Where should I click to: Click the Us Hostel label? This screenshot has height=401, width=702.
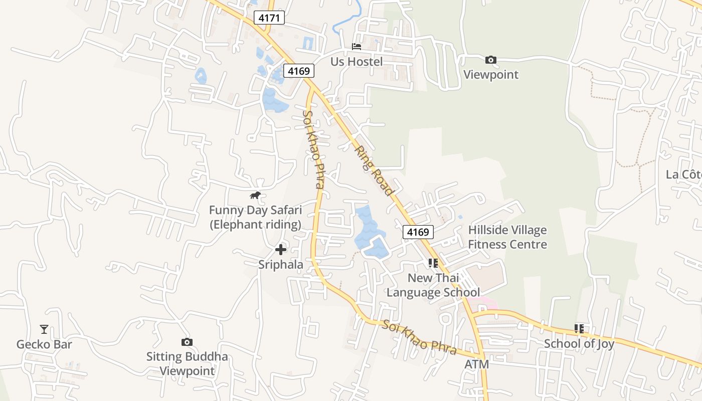(x=357, y=62)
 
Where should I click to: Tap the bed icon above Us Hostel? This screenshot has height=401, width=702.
(x=357, y=47)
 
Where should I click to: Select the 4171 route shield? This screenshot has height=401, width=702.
(x=269, y=18)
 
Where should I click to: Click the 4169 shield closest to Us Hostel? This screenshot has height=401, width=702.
(x=298, y=71)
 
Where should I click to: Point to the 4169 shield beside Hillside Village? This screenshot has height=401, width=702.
(x=418, y=232)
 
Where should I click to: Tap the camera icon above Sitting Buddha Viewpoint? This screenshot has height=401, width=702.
(x=187, y=342)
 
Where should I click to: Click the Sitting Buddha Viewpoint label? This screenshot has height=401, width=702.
(x=187, y=364)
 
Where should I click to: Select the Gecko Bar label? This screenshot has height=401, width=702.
(x=44, y=344)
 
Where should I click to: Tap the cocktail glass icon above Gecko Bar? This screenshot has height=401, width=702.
(x=44, y=329)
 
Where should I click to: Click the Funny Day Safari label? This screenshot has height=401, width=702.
(x=255, y=217)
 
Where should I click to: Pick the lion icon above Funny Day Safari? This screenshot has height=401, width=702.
(x=255, y=195)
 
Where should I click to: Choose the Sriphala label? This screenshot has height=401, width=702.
(x=281, y=264)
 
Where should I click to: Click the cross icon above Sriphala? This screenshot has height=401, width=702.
(x=281, y=249)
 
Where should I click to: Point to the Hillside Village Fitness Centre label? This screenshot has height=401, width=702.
(x=507, y=237)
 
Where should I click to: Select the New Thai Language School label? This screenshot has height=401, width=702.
(x=433, y=285)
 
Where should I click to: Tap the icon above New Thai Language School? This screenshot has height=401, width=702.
(x=433, y=263)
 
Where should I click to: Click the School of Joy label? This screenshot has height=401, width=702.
(x=579, y=344)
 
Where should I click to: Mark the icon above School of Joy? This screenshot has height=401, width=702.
(x=579, y=329)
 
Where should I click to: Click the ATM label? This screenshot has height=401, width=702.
(x=476, y=364)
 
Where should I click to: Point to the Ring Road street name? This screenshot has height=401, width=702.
(x=374, y=171)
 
